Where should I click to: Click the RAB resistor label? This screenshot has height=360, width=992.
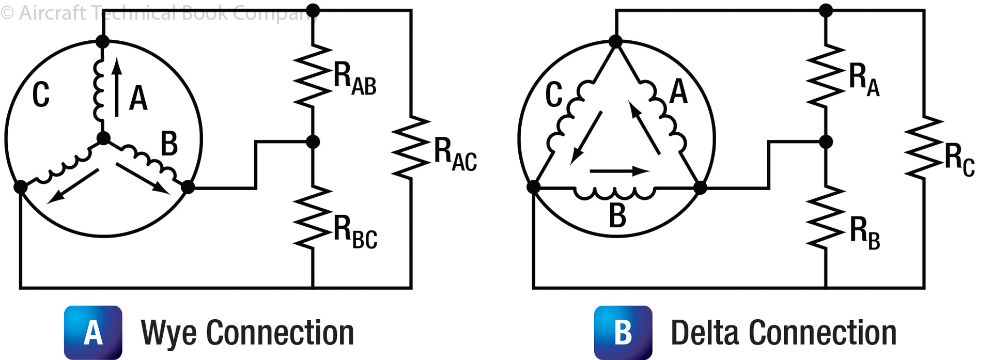click(354, 79)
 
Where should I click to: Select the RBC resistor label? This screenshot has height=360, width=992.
click(355, 232)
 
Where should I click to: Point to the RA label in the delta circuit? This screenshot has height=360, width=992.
click(864, 80)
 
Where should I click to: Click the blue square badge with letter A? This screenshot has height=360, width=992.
click(93, 332)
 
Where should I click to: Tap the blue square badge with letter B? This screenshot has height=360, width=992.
click(623, 332)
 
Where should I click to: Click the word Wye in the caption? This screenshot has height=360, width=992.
click(168, 333)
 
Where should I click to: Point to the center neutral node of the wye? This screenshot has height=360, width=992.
click(103, 138)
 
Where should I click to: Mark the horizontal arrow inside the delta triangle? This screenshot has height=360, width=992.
click(619, 171)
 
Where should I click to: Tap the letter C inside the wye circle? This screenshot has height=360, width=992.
click(41, 95)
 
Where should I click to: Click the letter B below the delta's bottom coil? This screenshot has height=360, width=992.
click(617, 215)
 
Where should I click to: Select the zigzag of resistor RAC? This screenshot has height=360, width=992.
click(411, 148)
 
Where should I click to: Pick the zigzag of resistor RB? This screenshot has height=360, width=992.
click(826, 217)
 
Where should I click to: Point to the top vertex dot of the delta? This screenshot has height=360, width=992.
click(615, 41)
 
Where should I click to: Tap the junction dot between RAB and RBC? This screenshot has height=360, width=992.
click(313, 142)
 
